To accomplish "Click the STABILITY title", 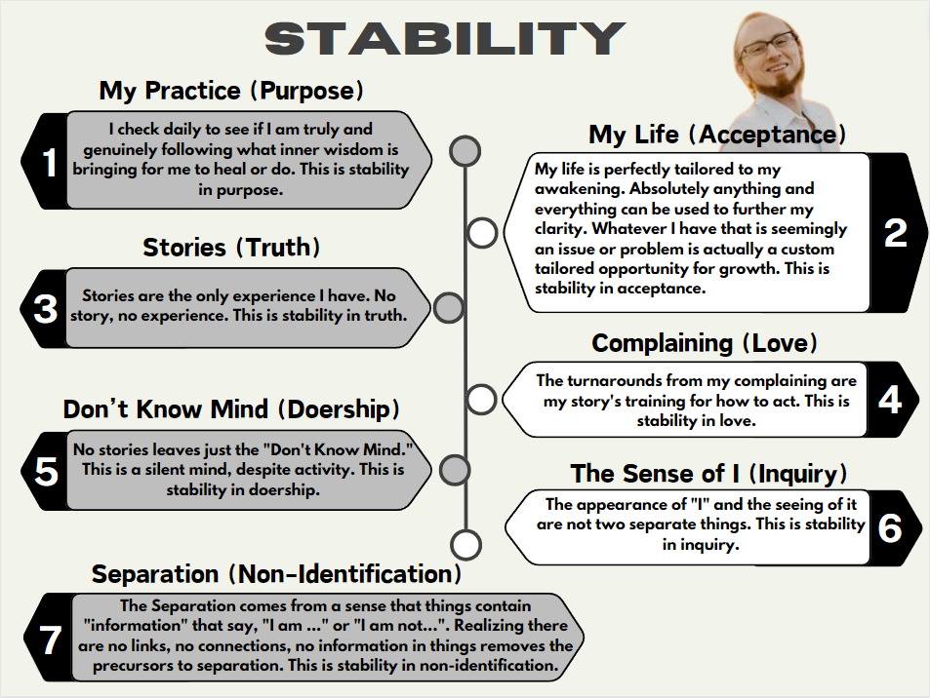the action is point(445,39).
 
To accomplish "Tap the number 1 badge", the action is point(46,161).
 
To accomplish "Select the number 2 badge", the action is point(896,233).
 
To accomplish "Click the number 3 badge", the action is point(44,308).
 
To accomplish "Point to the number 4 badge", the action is point(891,400).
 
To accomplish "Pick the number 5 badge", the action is point(46,471).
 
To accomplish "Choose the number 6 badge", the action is point(891,528).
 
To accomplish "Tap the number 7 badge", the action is point(50,639).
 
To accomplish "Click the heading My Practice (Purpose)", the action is point(231,91).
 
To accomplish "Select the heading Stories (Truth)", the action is point(231,247).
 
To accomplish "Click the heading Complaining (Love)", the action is point(705,343).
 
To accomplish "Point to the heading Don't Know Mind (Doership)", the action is point(231,409).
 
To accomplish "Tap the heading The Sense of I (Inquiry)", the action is point(708,474).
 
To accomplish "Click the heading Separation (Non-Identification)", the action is point(276,574).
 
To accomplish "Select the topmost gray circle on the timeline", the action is point(465,150).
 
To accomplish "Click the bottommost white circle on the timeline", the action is point(466,545).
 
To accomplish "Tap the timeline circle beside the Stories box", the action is point(448,307).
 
